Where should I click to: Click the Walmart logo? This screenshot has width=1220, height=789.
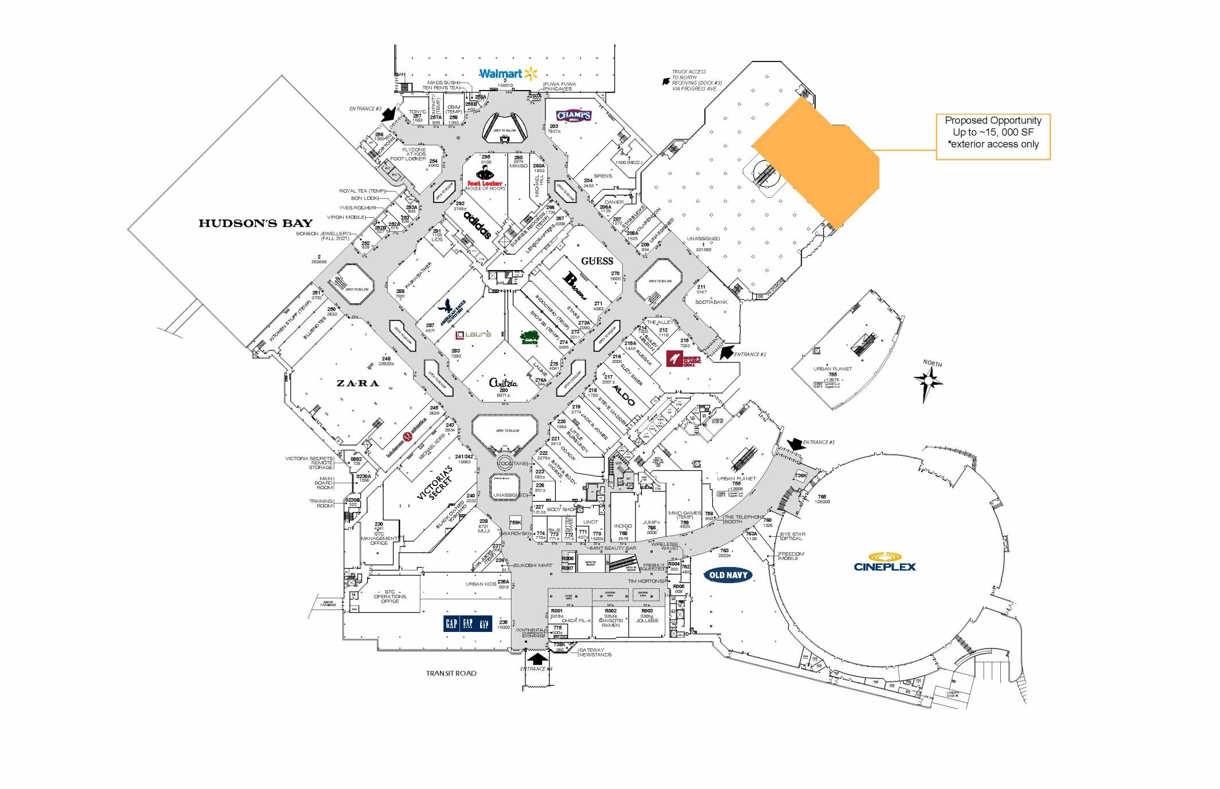(x=508, y=73)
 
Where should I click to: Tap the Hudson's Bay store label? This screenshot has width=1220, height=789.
(x=255, y=223)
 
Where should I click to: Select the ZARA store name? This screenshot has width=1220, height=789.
(x=357, y=383)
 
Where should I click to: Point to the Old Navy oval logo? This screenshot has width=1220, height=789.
(x=728, y=575)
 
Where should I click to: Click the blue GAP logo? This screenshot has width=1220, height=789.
(x=467, y=623)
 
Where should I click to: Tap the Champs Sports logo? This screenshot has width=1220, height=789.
(x=573, y=116)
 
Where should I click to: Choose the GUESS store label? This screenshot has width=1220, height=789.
(x=597, y=261)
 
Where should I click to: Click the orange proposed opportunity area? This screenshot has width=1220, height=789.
(x=820, y=166)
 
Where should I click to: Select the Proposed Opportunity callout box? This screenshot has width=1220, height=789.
(x=992, y=136)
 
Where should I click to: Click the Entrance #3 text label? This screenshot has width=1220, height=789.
(x=365, y=109)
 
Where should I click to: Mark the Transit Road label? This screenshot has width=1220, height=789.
(x=451, y=673)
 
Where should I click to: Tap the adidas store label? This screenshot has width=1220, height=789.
(x=477, y=225)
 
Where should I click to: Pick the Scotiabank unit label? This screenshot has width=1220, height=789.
(x=711, y=302)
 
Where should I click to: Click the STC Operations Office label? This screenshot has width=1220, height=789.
(x=389, y=596)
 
